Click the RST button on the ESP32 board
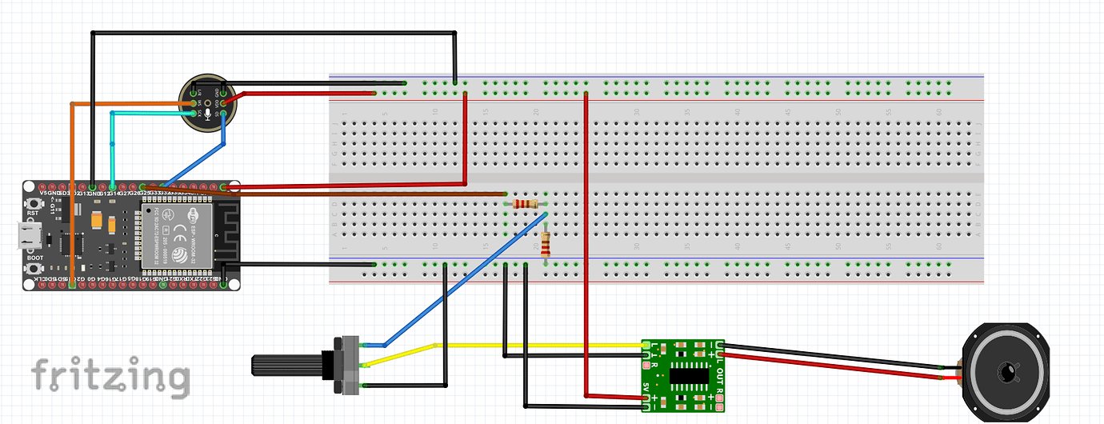pos(34,205)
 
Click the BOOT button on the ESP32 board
pos(34,269)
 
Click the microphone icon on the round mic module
pos(207,114)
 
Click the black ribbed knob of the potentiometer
pos(288,366)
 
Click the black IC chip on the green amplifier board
pos(690,374)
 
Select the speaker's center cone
pos(1005,371)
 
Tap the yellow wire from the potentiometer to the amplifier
pos(544,345)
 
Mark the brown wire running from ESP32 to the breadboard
pos(360,194)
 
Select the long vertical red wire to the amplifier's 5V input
pos(586,240)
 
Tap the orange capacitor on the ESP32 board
pos(98,218)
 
